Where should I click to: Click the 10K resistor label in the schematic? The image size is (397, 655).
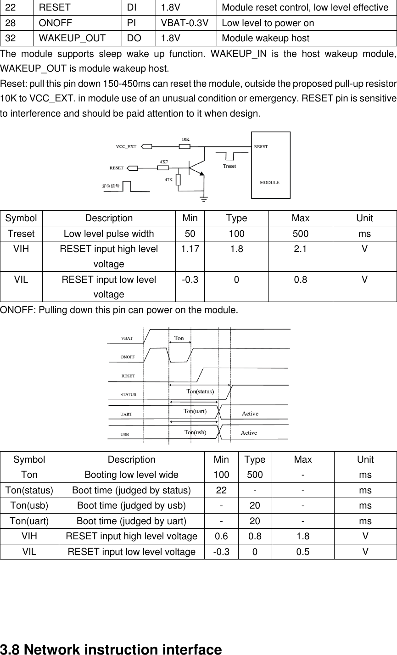coord(185,139)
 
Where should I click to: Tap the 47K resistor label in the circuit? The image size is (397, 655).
coord(169,179)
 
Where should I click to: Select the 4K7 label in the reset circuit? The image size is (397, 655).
coord(163,162)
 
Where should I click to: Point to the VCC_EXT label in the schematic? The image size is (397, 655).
coord(126,147)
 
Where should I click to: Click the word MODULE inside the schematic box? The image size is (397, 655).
coord(269,182)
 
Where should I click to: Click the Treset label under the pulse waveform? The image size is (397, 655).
coord(229,166)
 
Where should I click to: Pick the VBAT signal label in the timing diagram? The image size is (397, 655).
coord(127,338)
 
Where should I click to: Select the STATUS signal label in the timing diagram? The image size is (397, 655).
coord(128,394)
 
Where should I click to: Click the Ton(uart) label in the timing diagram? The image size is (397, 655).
coord(195,411)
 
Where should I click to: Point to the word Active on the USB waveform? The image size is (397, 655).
coord(249,433)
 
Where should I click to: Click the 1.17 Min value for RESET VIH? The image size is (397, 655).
coord(190,249)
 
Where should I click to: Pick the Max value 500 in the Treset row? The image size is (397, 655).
coord(301,234)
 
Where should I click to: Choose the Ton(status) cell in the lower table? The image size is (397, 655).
coord(29,490)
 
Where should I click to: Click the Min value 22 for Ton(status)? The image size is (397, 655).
coord(221,490)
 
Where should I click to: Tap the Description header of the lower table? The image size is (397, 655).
coord(131,459)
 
